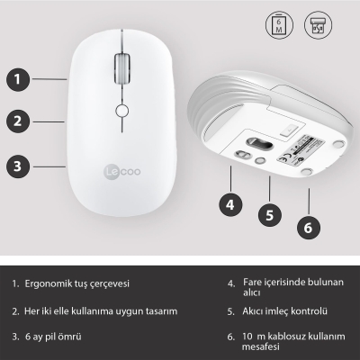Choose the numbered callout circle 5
[x=268, y=215]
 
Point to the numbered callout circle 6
[x=308, y=227]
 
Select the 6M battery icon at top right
[x=281, y=24]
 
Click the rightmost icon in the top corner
[x=316, y=24]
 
